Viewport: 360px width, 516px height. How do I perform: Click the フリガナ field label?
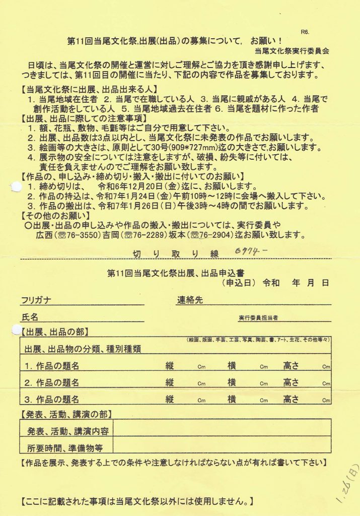tap(36, 301)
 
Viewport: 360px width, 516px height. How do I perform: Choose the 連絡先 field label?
tap(190, 300)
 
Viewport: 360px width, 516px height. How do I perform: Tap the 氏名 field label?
tap(30, 317)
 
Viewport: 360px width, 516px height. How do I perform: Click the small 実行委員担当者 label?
tap(258, 318)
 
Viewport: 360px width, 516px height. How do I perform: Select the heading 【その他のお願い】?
tap(55, 216)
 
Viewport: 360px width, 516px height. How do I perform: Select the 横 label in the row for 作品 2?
tap(232, 382)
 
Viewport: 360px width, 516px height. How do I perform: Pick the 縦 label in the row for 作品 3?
tap(170, 399)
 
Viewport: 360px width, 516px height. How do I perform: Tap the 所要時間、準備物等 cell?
tap(63, 447)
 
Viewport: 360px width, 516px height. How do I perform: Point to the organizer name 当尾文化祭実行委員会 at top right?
tap(292, 50)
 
